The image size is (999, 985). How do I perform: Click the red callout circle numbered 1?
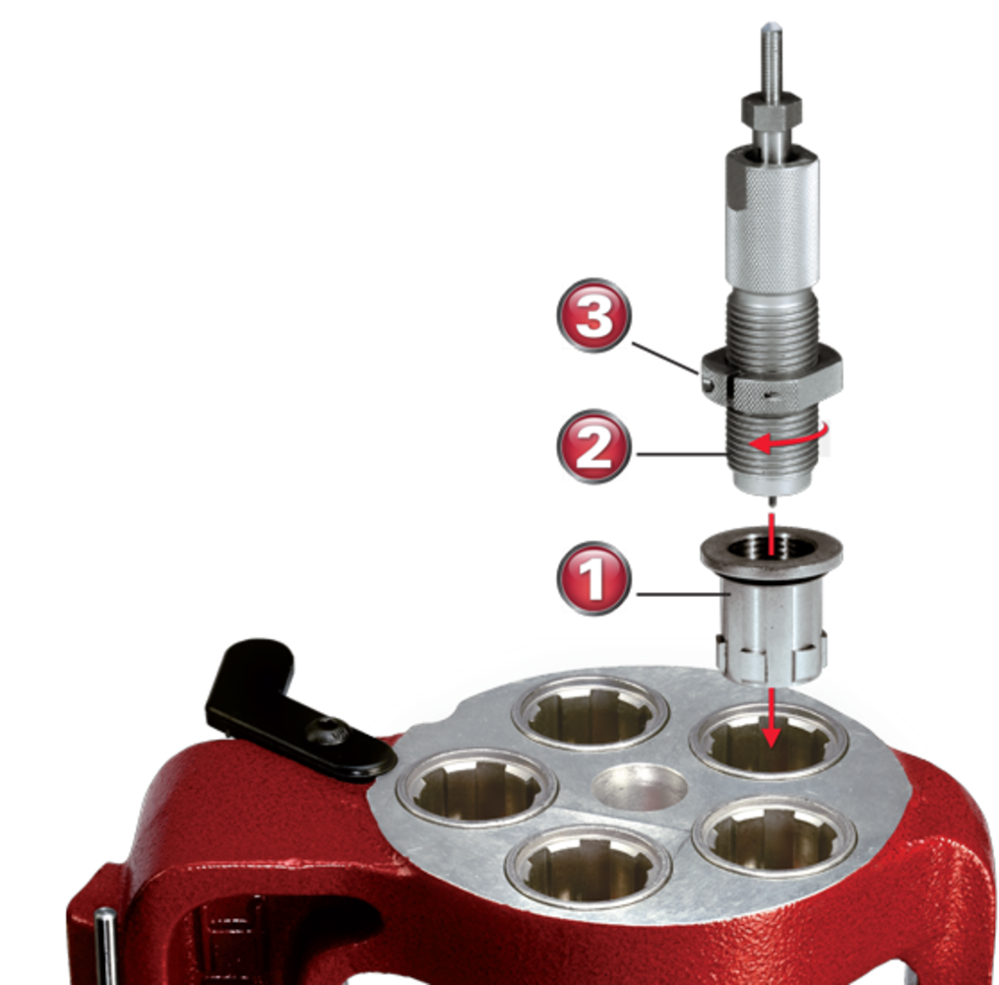(x=593, y=579)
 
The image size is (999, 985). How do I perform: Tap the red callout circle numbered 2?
(x=593, y=446)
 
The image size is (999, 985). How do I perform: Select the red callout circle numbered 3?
(x=593, y=315)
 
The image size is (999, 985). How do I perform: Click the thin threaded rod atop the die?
(x=772, y=59)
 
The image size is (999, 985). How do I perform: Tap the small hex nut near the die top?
(x=771, y=109)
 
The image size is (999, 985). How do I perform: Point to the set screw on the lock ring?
(x=708, y=384)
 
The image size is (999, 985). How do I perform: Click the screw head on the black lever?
(x=327, y=731)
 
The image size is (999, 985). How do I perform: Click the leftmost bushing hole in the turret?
(x=476, y=788)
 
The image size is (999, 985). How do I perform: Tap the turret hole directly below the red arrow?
(x=770, y=742)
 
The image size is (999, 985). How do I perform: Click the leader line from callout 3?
(x=666, y=359)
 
